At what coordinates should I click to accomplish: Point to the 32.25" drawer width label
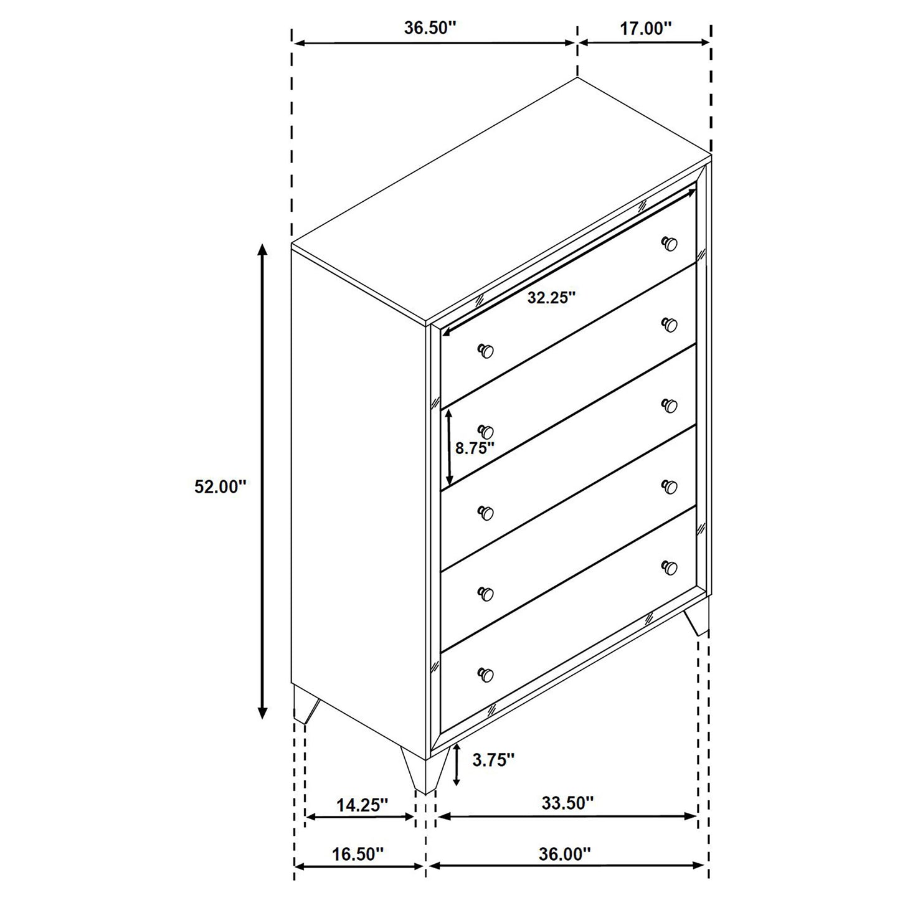(551, 298)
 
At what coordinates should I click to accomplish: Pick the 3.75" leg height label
(493, 759)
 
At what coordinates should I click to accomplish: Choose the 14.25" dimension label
(362, 805)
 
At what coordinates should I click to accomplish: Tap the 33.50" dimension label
(567, 803)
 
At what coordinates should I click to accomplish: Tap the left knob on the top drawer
(486, 351)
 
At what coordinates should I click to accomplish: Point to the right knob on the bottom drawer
(670, 567)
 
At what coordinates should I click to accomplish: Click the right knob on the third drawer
(670, 405)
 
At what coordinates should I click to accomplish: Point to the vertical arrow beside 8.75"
(449, 448)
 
